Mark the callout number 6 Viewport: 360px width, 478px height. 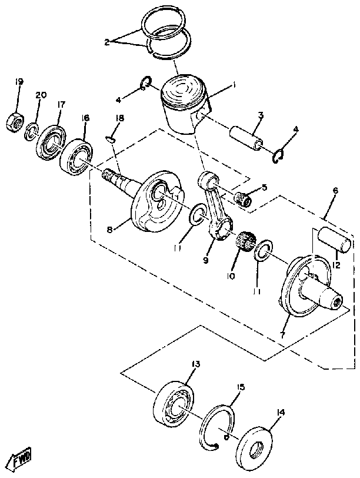pos(335,191)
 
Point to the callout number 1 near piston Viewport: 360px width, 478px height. pos(234,85)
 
